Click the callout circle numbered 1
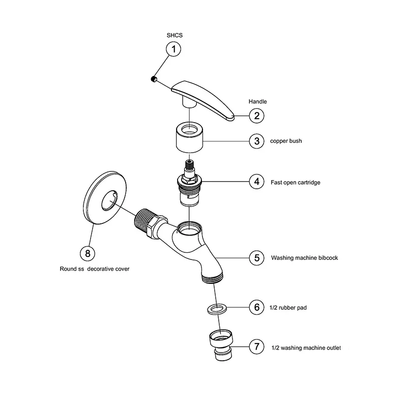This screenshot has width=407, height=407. pos(174,49)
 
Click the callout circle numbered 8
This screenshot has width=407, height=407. pos(88,252)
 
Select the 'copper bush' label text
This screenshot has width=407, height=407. pos(285,141)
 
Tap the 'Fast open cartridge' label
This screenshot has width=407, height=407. pos(295,182)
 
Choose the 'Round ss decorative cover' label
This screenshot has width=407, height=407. pos(94,269)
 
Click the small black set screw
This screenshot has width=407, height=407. pos(153,78)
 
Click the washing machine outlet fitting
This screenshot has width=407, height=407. pos(222,345)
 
